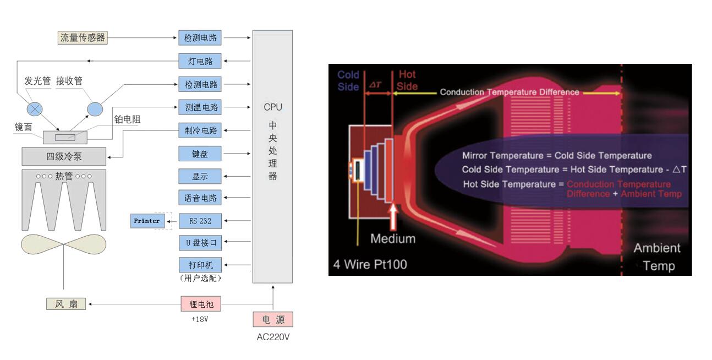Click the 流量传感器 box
tap(82, 38)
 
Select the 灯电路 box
tap(200, 61)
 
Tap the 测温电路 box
tap(200, 107)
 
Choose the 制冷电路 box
tap(200, 130)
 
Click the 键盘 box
tap(200, 154)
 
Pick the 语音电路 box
tap(200, 198)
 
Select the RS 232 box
tap(200, 221)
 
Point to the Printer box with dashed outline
tap(147, 221)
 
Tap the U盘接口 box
tap(200, 242)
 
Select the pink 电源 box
tap(273, 320)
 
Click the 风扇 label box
tap(66, 304)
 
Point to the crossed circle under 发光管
tap(36, 108)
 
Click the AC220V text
tap(273, 337)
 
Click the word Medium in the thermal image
tap(392, 239)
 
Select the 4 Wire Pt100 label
tap(370, 265)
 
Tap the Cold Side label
tap(348, 80)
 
